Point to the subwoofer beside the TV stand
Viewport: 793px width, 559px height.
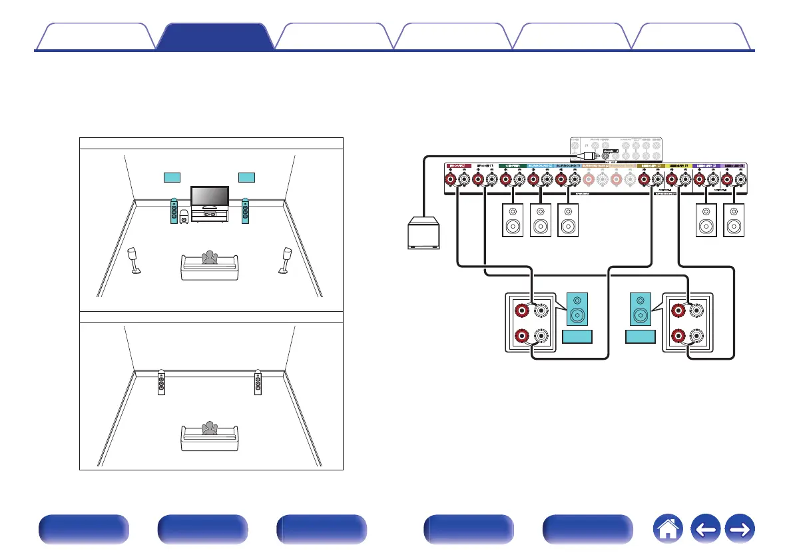click(x=184, y=217)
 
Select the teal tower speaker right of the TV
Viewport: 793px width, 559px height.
click(x=247, y=211)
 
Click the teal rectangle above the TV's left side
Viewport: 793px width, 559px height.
click(x=172, y=177)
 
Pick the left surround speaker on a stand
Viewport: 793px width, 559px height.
click(x=134, y=261)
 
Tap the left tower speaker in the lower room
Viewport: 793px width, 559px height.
click(x=162, y=383)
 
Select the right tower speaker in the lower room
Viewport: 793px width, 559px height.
click(x=258, y=383)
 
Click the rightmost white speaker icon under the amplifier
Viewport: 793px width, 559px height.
click(x=734, y=221)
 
